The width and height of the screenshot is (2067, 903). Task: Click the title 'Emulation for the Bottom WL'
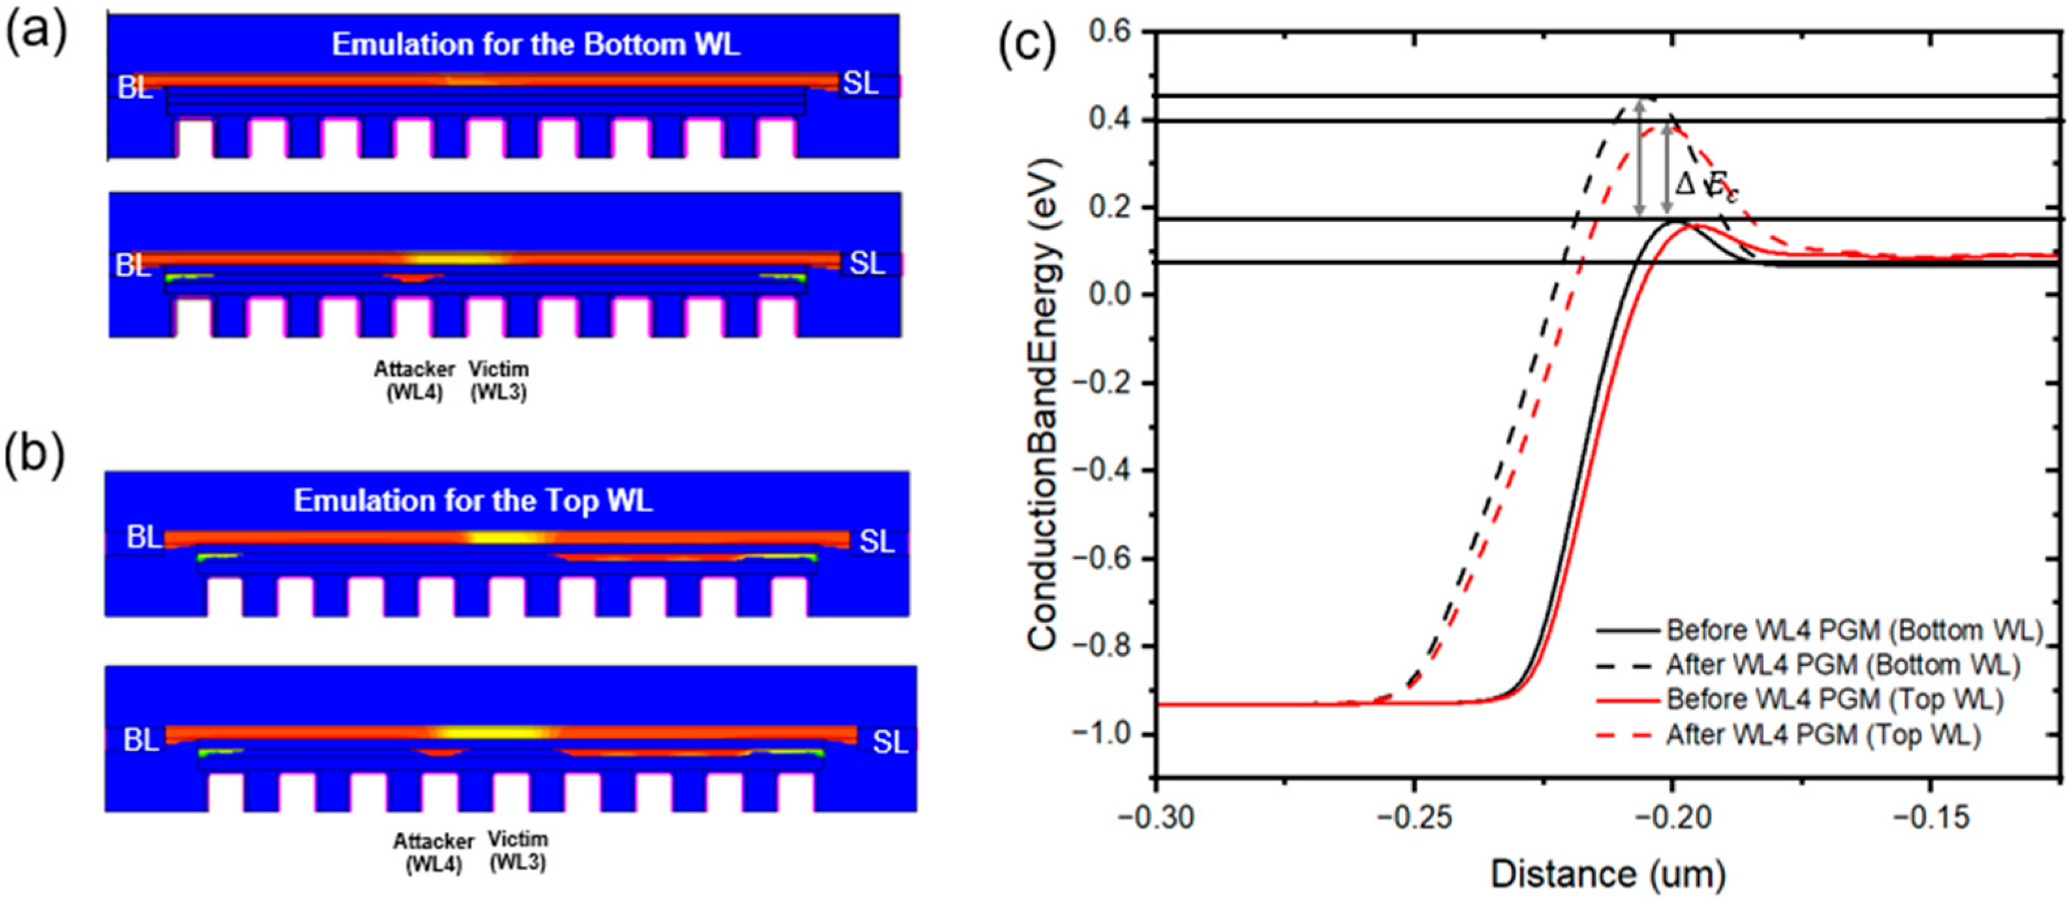tap(535, 45)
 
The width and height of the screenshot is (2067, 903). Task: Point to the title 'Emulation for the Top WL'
tap(473, 501)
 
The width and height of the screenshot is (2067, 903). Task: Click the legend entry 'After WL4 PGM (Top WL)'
tap(1823, 735)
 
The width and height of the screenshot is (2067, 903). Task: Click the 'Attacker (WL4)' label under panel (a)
tap(414, 381)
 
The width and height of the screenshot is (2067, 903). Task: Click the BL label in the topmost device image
tap(135, 88)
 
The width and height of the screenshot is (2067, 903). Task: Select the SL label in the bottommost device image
tap(890, 742)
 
